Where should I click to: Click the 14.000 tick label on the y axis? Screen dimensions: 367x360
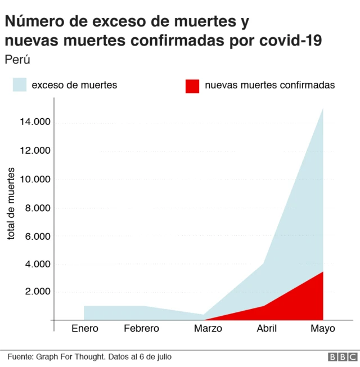tap(34, 122)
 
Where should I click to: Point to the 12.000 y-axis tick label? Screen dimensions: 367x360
tap(34, 151)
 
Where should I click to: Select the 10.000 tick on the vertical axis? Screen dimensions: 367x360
tap(34, 179)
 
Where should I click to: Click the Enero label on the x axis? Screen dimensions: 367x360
tap(85, 328)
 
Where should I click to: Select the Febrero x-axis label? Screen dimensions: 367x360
tap(141, 328)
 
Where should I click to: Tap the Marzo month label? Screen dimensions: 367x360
tap(208, 328)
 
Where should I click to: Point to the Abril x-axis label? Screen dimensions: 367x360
tap(266, 328)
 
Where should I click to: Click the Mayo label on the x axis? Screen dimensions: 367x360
tap(323, 328)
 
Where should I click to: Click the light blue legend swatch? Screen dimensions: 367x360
tap(20, 85)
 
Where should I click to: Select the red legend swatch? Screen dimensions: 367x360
tap(192, 86)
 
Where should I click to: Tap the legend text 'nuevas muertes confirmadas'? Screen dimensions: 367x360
tap(270, 85)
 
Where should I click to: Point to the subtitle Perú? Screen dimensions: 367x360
tap(17, 60)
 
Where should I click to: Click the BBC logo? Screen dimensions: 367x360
tap(343, 357)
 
